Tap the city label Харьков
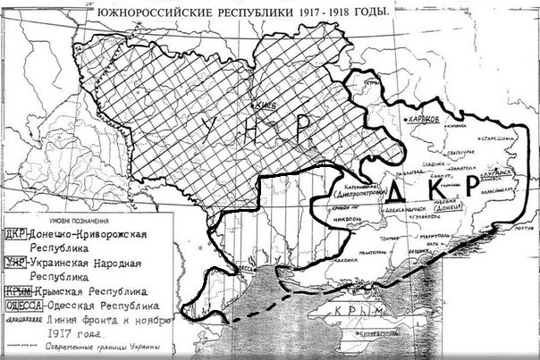point(422,119)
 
